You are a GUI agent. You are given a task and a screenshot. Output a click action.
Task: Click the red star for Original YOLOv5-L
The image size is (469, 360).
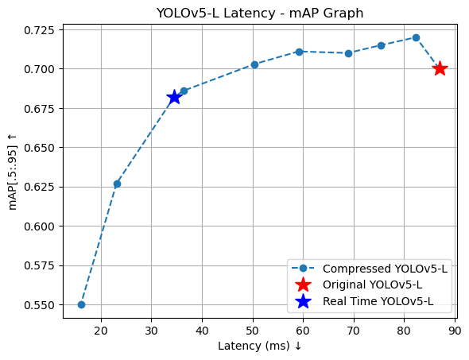click(x=440, y=69)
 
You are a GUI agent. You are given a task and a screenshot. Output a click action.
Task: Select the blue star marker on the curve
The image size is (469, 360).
click(x=174, y=98)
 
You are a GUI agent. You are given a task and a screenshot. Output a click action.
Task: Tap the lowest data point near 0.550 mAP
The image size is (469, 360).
click(x=81, y=304)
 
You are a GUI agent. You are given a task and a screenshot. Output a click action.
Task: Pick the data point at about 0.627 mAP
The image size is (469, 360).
click(x=118, y=184)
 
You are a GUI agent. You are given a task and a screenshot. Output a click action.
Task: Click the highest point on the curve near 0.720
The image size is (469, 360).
click(x=416, y=37)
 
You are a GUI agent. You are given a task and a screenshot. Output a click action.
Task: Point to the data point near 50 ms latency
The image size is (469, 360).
click(x=254, y=64)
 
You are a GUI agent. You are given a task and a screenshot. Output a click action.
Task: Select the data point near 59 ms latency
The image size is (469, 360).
click(x=299, y=52)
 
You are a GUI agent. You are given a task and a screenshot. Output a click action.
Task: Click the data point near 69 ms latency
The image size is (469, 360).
click(x=348, y=53)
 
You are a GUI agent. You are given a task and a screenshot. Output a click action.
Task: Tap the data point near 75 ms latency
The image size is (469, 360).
click(x=381, y=45)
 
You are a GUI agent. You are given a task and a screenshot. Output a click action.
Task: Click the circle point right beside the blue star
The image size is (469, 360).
click(x=184, y=91)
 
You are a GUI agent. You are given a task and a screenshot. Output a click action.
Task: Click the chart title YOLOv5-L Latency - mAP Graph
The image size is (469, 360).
click(x=260, y=13)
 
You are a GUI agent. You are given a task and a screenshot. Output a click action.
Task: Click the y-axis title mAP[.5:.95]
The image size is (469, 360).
click(x=12, y=172)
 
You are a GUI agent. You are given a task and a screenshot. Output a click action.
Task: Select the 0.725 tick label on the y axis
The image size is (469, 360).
click(x=39, y=30)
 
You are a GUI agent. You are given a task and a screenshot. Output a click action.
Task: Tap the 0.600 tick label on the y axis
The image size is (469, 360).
click(x=39, y=226)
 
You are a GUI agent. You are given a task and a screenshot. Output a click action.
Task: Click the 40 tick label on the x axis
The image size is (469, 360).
click(x=202, y=331)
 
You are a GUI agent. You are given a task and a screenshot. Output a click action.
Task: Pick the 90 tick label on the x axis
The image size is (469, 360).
click(x=455, y=331)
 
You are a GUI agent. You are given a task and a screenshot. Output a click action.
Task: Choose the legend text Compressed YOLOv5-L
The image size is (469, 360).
click(x=385, y=269)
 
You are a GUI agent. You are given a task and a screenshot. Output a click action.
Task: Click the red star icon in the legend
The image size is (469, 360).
click(x=303, y=285)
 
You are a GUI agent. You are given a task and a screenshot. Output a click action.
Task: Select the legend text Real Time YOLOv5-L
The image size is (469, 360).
click(x=378, y=301)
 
